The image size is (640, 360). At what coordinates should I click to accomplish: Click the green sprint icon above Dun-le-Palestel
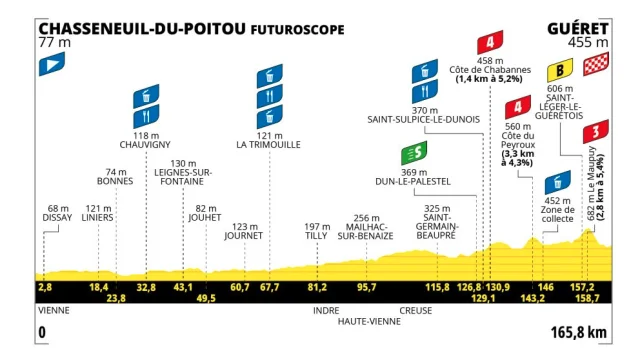pos(413,154)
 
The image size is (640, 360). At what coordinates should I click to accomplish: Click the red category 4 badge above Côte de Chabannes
pos(490,43)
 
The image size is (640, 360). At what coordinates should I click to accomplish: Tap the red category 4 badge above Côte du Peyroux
pos(518,108)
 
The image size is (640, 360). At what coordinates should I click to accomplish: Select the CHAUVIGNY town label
pos(147,143)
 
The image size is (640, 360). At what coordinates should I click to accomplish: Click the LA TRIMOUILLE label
pos(269,143)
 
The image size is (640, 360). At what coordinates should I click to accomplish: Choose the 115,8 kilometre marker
pos(436,287)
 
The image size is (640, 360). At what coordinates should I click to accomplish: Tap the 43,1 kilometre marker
pos(183,287)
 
